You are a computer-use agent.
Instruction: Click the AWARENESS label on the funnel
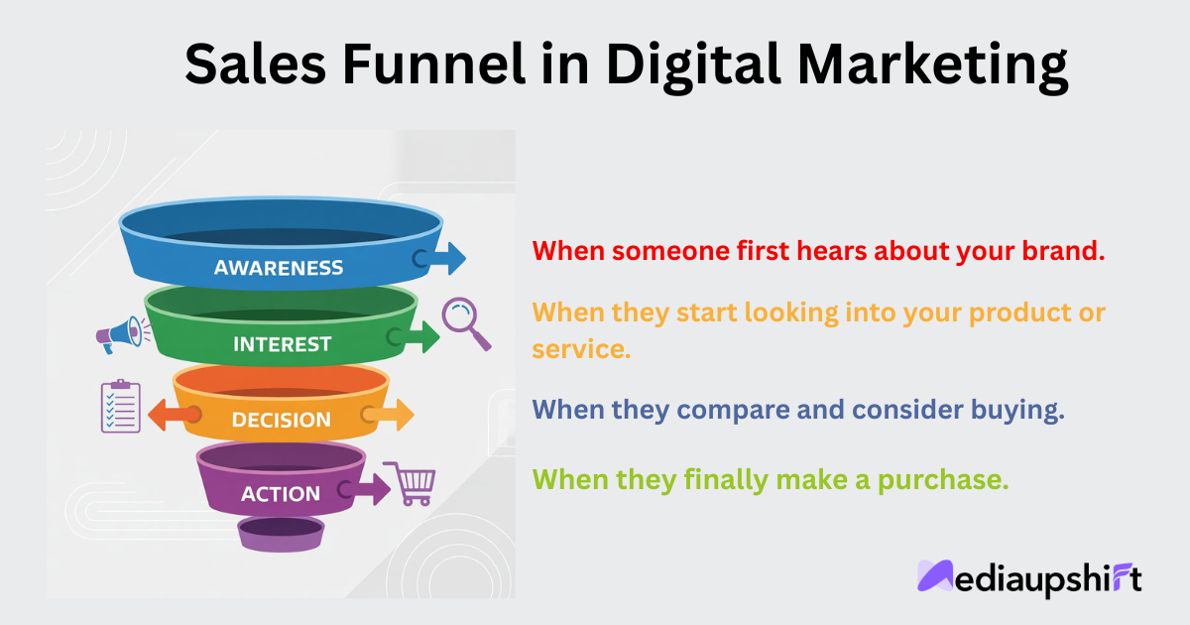[279, 268]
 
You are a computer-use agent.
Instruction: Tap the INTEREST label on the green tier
[282, 344]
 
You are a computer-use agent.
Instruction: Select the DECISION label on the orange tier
[282, 420]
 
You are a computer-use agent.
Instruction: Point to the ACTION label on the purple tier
[281, 494]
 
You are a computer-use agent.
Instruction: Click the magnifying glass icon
[465, 322]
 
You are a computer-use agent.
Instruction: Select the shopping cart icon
[411, 483]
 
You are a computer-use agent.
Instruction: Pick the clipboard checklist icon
[121, 406]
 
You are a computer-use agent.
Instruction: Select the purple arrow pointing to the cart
[365, 489]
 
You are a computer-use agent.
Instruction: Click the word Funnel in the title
[434, 63]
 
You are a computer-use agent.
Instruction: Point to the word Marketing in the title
[933, 68]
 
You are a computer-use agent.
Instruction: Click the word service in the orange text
[581, 349]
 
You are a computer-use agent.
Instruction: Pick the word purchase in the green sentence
[942, 480]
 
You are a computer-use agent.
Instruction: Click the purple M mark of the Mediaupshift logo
[935, 575]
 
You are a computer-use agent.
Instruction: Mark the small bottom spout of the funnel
[281, 534]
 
